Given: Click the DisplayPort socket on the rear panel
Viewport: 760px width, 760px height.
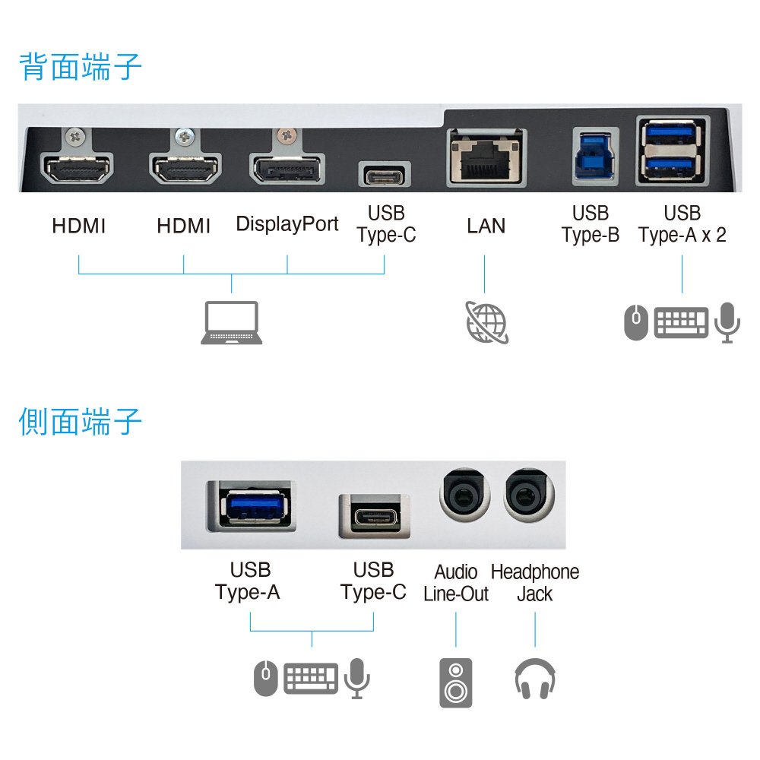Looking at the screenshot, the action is [x=287, y=169].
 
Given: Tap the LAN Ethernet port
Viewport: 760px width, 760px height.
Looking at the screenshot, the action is [x=486, y=157].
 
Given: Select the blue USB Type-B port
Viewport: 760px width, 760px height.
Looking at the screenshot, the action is [x=595, y=157].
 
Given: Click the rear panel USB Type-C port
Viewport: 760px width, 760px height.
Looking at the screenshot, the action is [x=385, y=175].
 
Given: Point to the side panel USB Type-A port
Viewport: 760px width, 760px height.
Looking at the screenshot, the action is [x=252, y=505].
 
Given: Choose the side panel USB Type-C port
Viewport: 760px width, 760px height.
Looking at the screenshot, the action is [x=375, y=517].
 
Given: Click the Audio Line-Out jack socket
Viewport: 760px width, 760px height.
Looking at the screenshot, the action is [x=464, y=495].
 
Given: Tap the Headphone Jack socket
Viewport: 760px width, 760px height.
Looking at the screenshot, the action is [x=528, y=495].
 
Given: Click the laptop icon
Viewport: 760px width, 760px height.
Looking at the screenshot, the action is [x=232, y=323].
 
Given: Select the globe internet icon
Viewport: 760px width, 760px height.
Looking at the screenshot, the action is [x=486, y=322].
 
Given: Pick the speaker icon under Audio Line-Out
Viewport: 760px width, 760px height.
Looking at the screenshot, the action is [x=455, y=682].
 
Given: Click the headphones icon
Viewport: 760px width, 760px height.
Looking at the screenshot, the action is [x=535, y=679].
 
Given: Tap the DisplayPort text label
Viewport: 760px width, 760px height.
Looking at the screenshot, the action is [x=287, y=224].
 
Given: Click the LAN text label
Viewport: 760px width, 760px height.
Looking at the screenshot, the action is [x=486, y=226].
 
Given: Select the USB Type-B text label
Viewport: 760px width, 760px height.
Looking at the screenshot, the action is [x=591, y=224].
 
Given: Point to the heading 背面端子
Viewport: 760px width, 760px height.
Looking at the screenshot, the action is [x=81, y=67].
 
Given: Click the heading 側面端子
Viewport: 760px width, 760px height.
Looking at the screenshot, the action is [x=81, y=422].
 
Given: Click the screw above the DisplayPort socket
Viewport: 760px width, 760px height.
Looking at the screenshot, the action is [x=287, y=135].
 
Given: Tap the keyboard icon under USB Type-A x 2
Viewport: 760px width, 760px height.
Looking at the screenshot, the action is [x=681, y=322].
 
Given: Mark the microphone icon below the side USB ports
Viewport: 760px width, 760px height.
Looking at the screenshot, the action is [x=357, y=678].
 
